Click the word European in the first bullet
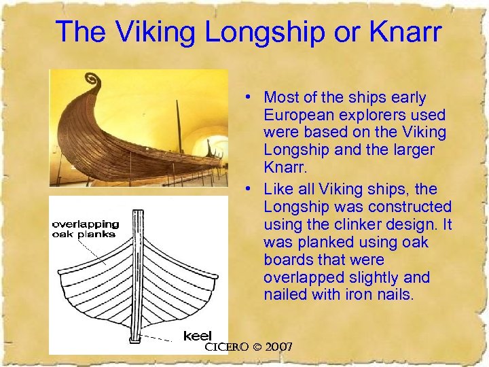point(296,115)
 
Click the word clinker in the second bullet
point(355,224)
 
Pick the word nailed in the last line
point(286,294)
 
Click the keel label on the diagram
point(198,336)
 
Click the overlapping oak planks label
point(86,229)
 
